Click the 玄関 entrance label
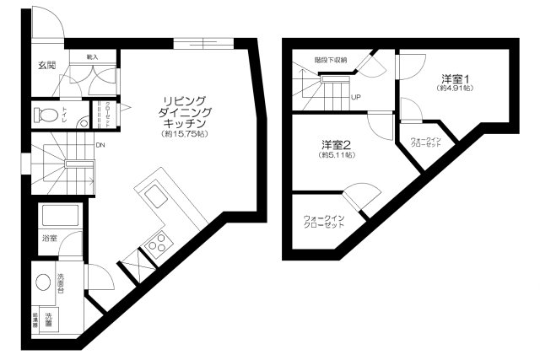tap(46, 65)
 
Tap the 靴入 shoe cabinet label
tap(91, 56)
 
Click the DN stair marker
tap(100, 145)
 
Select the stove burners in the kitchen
tap(156, 245)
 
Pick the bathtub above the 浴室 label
tap(59, 216)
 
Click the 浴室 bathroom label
tap(50, 239)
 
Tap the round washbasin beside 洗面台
tap(43, 282)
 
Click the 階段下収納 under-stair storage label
tap(331, 60)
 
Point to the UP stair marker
tap(356, 97)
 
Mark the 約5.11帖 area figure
tap(336, 155)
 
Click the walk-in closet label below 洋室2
tap(324, 223)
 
